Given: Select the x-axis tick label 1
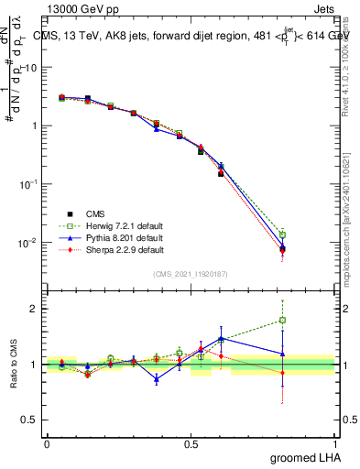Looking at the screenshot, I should click(x=334, y=442).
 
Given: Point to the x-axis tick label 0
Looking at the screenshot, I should click(x=46, y=442).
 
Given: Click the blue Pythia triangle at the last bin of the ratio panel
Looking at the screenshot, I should click(x=283, y=354).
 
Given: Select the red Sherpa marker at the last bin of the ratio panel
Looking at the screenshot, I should click(x=283, y=373).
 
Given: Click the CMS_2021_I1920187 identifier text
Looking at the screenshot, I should click(x=191, y=272).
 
